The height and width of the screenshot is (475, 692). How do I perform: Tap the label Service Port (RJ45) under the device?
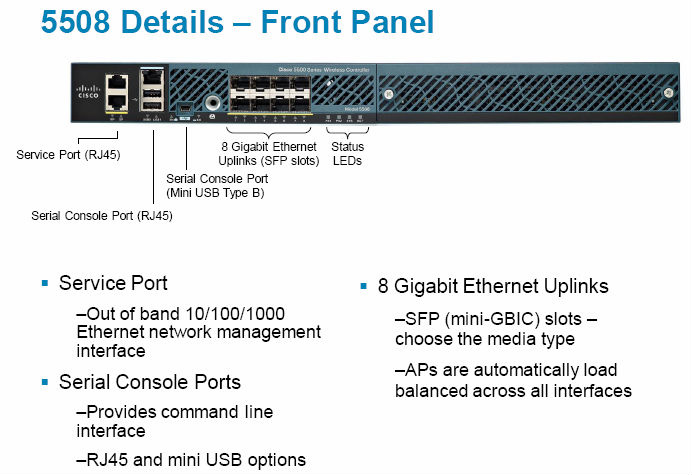point(68,155)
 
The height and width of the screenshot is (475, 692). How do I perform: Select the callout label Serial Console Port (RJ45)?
point(102,214)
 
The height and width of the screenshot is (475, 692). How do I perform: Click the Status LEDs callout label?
point(347,154)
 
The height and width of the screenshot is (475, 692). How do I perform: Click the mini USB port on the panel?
point(184,103)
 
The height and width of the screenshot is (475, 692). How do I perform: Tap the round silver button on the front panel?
point(211,102)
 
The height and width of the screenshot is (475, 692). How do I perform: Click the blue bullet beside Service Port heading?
point(45,285)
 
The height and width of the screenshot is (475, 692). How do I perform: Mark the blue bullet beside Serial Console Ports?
point(45,383)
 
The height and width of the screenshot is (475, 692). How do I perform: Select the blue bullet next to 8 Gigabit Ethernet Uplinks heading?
point(364,287)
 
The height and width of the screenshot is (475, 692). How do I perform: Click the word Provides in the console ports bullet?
point(119,411)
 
